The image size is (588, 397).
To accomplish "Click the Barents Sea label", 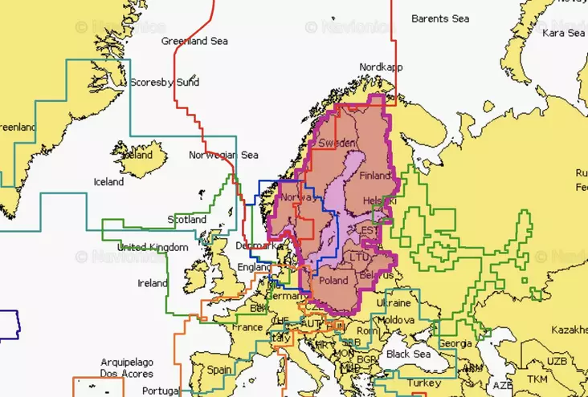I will pyautogui.click(x=439, y=18).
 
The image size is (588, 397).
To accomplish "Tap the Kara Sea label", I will pyautogui.click(x=563, y=34).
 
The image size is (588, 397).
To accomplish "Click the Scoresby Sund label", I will pyautogui.click(x=160, y=83).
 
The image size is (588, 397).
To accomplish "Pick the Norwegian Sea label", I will pyautogui.click(x=223, y=155).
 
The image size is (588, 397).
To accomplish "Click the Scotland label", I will pyautogui.click(x=186, y=219).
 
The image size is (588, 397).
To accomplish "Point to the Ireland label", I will pyautogui.click(x=153, y=283).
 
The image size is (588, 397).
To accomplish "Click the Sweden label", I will pyautogui.click(x=336, y=143).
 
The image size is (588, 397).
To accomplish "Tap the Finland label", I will pyautogui.click(x=375, y=175).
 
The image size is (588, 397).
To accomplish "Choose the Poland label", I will pyautogui.click(x=333, y=282).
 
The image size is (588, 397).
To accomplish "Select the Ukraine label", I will pyautogui.click(x=394, y=303).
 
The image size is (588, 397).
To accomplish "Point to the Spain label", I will pyautogui.click(x=219, y=371).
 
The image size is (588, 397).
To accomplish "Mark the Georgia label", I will pyautogui.click(x=455, y=342).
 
